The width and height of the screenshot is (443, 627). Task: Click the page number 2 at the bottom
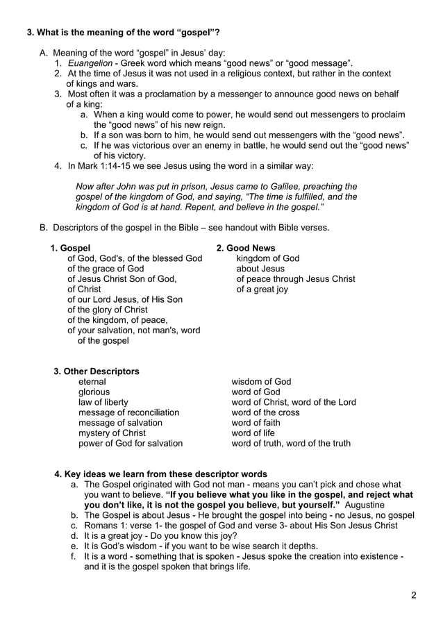pos(413,594)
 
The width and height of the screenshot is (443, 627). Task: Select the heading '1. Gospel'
pos(70,248)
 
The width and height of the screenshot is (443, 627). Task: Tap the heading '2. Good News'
pos(246,248)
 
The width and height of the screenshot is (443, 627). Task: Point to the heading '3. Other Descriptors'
pos(97,371)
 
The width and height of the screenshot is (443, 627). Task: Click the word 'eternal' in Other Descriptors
pos(92,382)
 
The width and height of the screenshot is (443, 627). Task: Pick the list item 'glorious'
pos(94,392)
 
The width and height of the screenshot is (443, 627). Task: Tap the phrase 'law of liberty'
pos(103,402)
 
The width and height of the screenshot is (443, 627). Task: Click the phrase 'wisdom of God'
pos(261,382)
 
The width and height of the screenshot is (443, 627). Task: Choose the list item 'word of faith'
pos(256,422)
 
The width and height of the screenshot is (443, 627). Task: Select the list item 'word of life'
pos(253,433)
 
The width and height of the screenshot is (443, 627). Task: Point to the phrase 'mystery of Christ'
pos(112,433)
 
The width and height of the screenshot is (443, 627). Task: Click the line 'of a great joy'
pos(262,289)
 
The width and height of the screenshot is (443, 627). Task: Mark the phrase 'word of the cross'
pos(265,412)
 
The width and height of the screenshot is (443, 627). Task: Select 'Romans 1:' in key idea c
pos(105,526)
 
